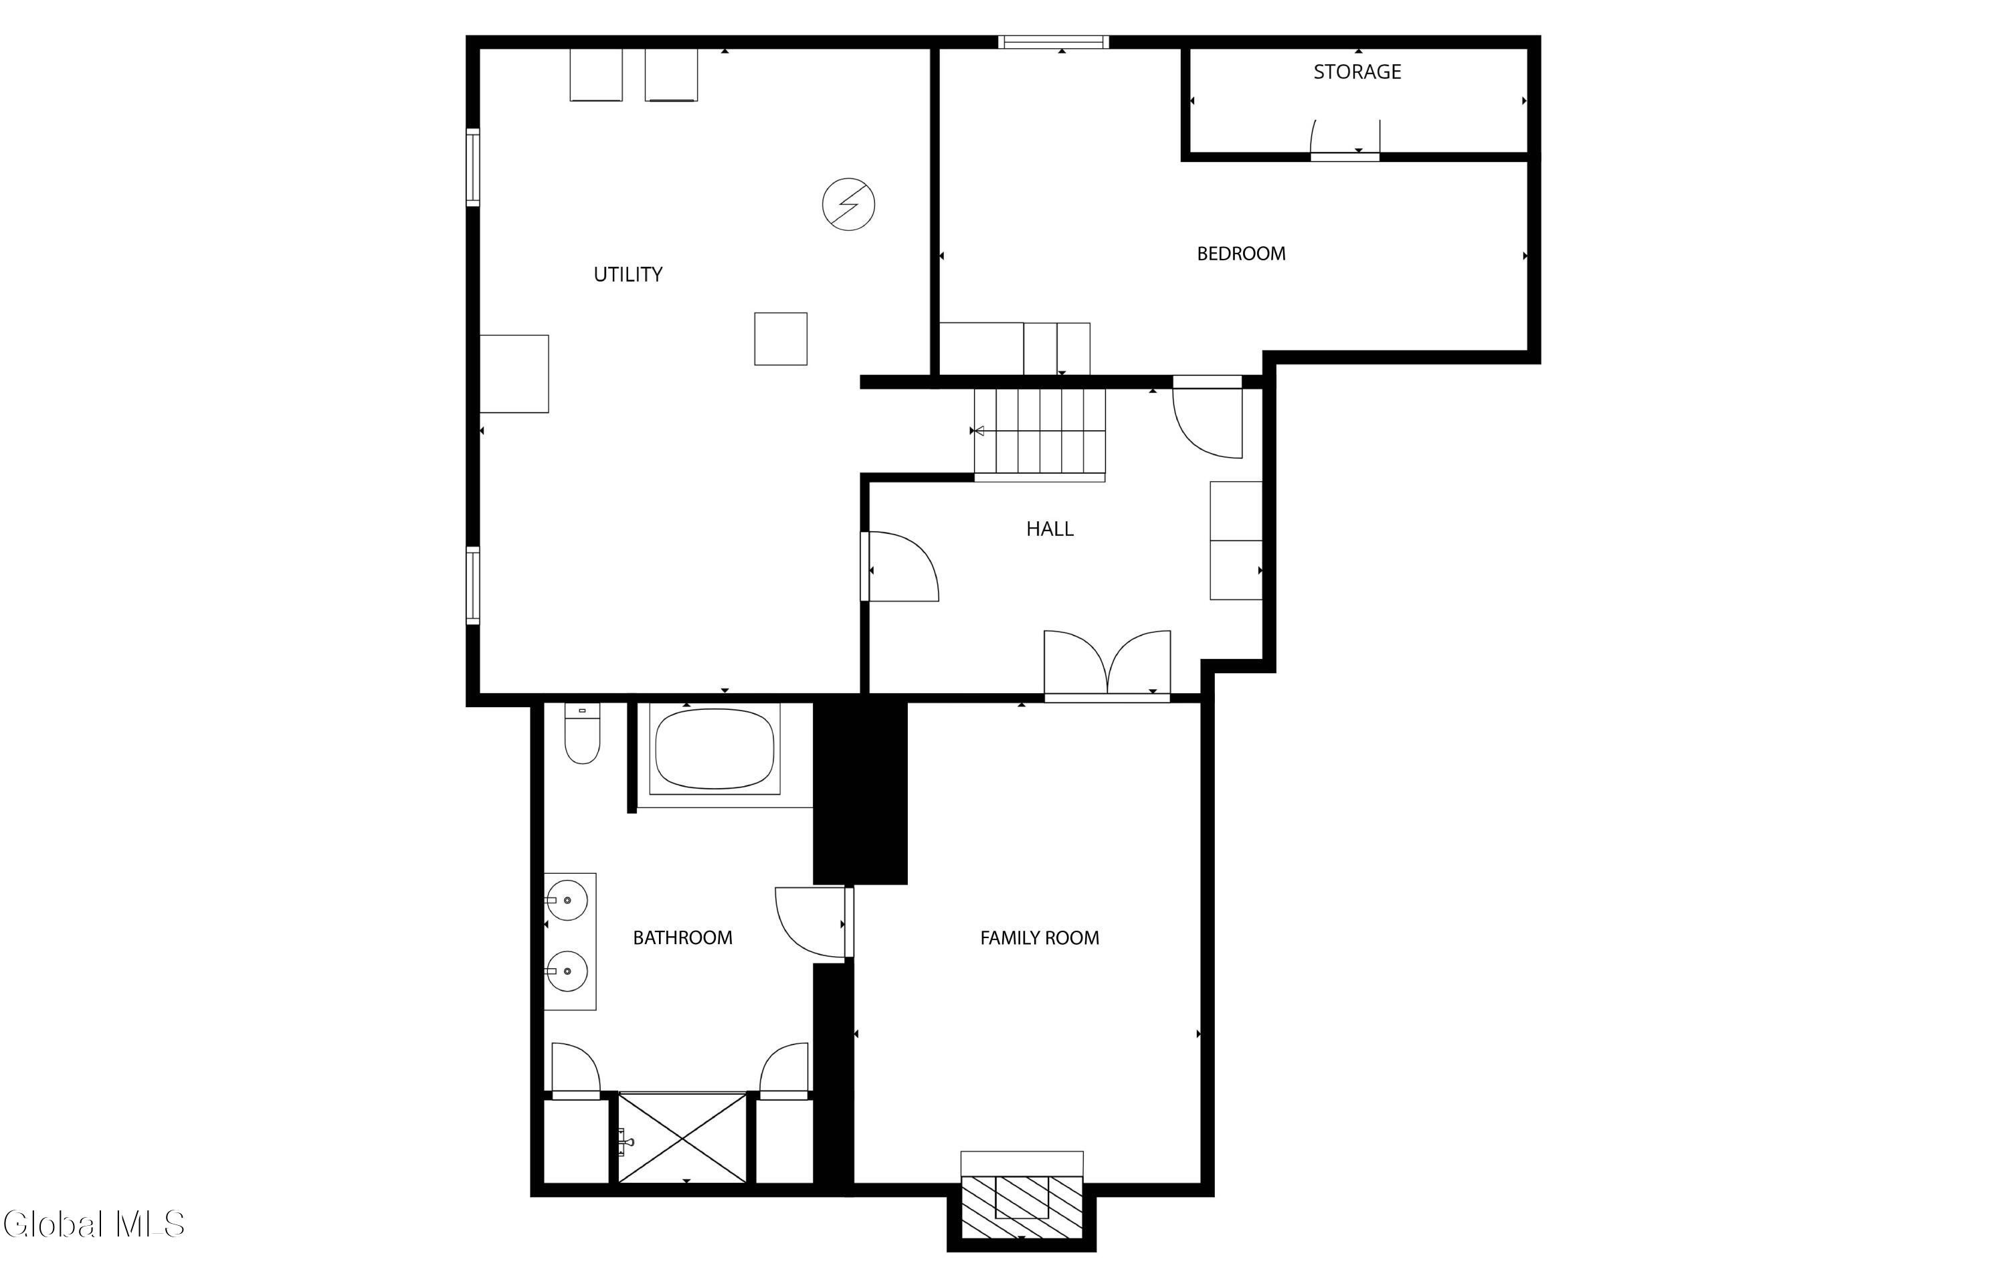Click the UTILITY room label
(x=628, y=274)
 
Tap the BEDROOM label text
(x=1241, y=254)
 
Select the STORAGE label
(x=1357, y=72)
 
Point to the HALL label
(x=1050, y=529)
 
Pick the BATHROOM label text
(x=682, y=937)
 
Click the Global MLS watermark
(x=94, y=1224)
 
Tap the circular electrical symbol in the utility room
(x=848, y=204)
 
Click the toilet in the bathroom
(x=582, y=733)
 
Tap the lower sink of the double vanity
(x=567, y=971)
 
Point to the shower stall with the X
(x=682, y=1137)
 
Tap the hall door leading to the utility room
(x=900, y=567)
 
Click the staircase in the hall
(x=1040, y=434)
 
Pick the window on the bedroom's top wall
(x=1054, y=41)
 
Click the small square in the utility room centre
(x=781, y=339)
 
